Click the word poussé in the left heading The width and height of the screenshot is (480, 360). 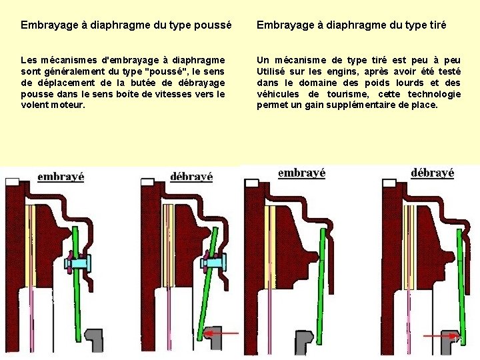pos(213,25)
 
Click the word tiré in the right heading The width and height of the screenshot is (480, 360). pos(437,25)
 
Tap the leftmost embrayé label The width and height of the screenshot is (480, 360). pos(61,177)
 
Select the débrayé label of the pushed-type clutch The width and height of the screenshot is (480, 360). pos(191,176)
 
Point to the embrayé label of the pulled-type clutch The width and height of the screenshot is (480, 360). pos(301,173)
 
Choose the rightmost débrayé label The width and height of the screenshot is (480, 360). pos(432,173)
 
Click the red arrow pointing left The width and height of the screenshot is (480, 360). pos(221,333)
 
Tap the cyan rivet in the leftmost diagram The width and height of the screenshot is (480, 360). pos(78,263)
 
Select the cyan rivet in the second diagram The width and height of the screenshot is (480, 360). pos(214,263)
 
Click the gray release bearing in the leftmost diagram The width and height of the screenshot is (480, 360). pos(95,340)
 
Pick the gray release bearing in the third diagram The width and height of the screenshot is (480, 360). pos(304,341)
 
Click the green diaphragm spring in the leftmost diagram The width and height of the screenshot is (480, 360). pos(77,284)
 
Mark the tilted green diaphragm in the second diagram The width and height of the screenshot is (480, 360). pos(208,283)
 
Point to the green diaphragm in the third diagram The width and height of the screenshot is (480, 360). pos(321,285)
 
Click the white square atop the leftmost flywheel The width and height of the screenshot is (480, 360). pos(12,182)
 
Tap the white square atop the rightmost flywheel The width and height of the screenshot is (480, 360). pos(389,183)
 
